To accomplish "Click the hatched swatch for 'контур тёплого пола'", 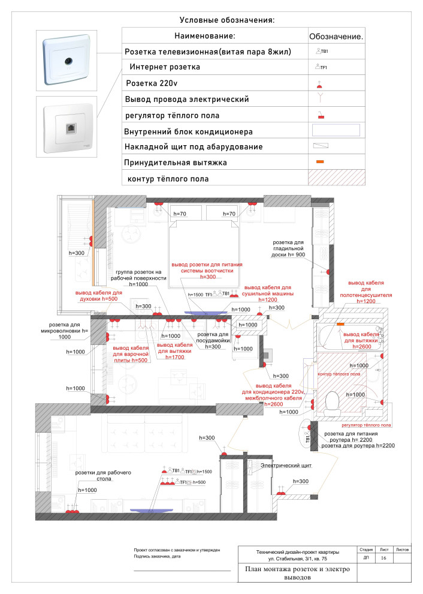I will tap(336, 178).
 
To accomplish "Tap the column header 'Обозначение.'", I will tap(336, 36).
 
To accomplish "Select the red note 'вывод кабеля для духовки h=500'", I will tap(98, 295).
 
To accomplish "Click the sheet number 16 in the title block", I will tap(383, 558).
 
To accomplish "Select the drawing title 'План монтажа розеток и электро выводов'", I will tap(297, 574).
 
